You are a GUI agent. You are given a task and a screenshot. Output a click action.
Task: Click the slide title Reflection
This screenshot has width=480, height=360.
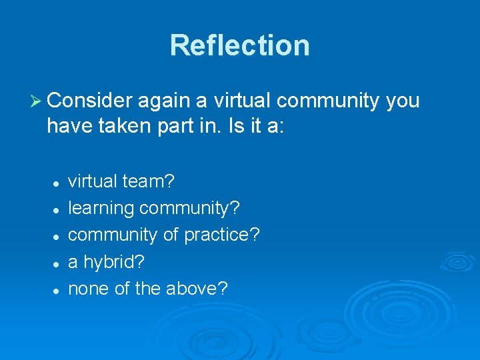click(x=239, y=45)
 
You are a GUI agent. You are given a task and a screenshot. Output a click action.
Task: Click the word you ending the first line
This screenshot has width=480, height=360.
click(x=403, y=102)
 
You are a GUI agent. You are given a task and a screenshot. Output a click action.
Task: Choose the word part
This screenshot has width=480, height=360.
click(x=176, y=127)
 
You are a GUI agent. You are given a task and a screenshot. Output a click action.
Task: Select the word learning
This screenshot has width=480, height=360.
click(x=101, y=209)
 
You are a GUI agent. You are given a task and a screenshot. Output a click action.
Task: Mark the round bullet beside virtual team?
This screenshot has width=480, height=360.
click(x=58, y=182)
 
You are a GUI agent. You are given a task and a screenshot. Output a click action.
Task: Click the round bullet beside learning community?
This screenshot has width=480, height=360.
click(x=58, y=209)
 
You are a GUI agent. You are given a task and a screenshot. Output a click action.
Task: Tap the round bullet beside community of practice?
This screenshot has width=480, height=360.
click(x=58, y=236)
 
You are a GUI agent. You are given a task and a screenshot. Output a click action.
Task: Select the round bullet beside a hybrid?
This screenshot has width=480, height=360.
click(x=58, y=263)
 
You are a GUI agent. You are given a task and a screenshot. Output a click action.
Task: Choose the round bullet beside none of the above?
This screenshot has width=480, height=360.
click(x=58, y=289)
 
